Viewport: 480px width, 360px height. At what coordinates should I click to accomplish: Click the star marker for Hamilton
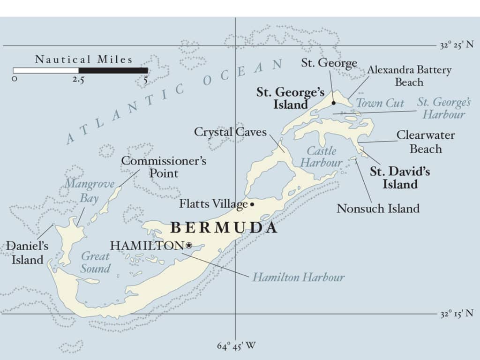[x=189, y=245]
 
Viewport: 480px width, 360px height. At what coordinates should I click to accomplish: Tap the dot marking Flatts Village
[x=252, y=204]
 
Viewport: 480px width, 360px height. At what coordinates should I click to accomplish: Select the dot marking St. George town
[x=334, y=103]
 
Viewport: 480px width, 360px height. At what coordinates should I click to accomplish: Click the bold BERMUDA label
[x=224, y=228]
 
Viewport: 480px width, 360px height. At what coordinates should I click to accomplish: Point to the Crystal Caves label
[x=230, y=132]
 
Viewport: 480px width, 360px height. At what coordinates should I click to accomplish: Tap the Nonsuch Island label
[x=378, y=208]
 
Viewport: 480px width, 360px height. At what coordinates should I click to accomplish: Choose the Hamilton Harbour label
[x=299, y=277]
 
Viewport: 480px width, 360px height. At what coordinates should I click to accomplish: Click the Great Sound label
[x=95, y=262]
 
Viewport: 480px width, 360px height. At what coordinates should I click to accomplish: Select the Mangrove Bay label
[x=89, y=190]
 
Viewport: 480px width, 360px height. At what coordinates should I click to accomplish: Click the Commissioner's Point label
[x=164, y=167]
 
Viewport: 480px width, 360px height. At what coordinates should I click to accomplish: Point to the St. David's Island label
[x=400, y=178]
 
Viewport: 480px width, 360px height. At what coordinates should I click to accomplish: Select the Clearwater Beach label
[x=426, y=142]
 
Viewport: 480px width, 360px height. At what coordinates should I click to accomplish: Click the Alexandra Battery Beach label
[x=409, y=76]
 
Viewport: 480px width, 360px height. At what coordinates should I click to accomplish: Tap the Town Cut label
[x=380, y=104]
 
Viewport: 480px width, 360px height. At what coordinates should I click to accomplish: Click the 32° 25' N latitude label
[x=457, y=45]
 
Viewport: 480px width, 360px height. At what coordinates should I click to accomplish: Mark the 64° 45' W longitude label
[x=236, y=346]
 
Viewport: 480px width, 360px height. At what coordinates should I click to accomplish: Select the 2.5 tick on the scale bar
[x=78, y=80]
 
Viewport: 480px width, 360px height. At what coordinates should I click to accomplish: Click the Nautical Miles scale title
[x=84, y=60]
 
